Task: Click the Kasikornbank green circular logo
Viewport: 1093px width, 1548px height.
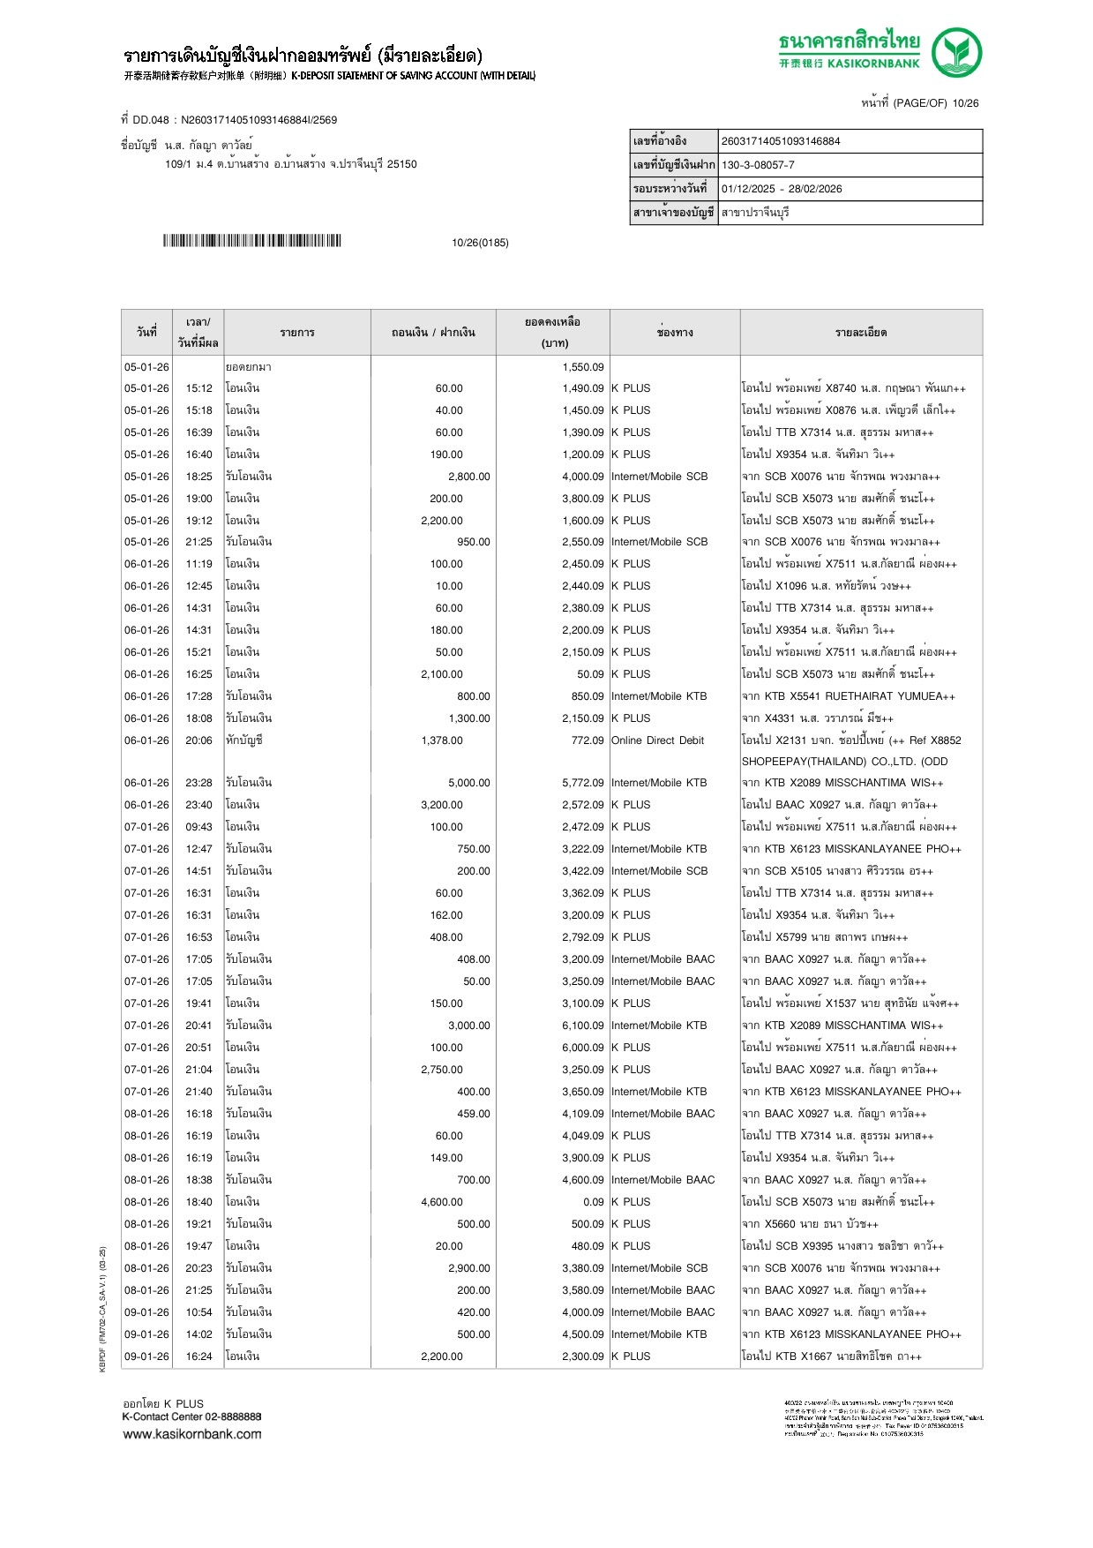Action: coord(957,52)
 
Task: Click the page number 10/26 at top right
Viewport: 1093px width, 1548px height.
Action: coord(965,103)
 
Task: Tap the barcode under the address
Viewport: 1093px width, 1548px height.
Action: coord(251,241)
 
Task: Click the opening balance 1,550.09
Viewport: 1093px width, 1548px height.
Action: coord(583,367)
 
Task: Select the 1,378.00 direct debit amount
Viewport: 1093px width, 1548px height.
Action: coord(442,740)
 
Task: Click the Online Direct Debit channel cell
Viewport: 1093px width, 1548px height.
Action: coord(657,740)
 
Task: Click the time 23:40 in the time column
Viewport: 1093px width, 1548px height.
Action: coord(198,805)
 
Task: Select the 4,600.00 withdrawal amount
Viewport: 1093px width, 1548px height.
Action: coord(442,1202)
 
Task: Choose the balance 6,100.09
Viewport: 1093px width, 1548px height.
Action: coord(583,1026)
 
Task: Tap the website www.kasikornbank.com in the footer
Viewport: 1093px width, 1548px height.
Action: coord(192,1434)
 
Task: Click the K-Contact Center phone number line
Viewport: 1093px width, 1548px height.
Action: coord(192,1416)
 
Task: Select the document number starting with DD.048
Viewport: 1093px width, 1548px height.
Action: coord(229,120)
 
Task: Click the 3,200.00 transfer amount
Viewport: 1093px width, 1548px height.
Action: coord(442,805)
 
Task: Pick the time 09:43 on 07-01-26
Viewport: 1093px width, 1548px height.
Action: coord(198,827)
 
